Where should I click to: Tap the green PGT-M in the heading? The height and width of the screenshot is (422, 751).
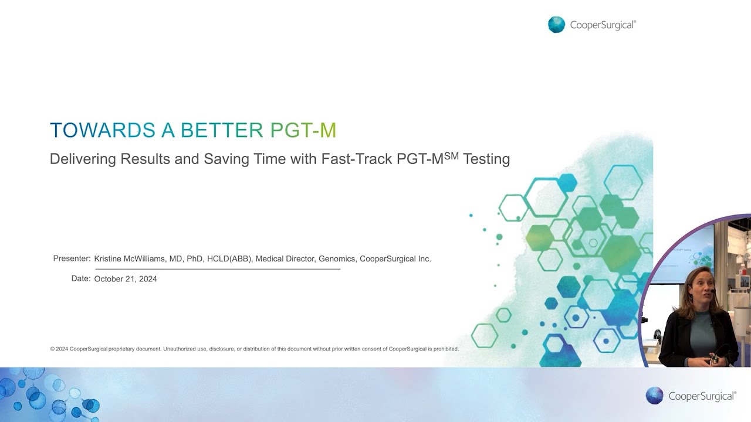303,130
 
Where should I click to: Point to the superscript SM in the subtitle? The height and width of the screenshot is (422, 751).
451,155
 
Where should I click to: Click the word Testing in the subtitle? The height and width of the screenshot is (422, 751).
486,159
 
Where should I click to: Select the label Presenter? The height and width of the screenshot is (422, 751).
72,258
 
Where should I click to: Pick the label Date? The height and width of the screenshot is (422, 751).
81,279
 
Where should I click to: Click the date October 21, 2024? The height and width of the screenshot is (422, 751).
126,279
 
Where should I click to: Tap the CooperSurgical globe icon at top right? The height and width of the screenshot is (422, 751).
556,25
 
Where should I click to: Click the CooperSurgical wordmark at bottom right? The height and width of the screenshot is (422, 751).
702,396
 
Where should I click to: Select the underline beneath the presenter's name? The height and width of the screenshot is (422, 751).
217,268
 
